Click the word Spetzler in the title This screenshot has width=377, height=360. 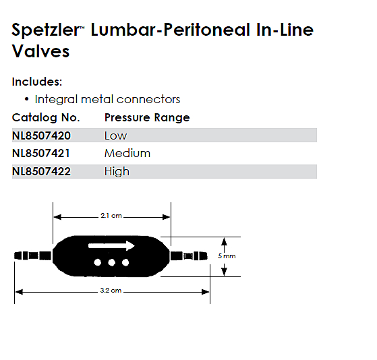point(45,30)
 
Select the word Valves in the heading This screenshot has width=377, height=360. point(40,51)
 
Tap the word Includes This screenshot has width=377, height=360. point(37,82)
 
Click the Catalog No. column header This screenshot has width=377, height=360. point(46,117)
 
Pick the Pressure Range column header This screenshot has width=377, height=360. point(147,117)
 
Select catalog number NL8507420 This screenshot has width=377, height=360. point(41,136)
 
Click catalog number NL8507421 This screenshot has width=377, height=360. point(41,153)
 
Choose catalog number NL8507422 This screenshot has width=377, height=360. point(41,172)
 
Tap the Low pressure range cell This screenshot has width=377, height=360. point(115,136)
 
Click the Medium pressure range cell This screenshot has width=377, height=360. point(127,153)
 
